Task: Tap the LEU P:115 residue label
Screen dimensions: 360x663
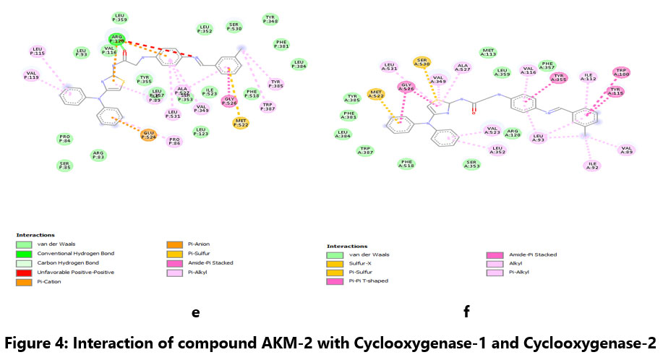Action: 38,51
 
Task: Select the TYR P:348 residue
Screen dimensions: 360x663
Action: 270,19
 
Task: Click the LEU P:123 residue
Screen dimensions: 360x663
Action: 200,132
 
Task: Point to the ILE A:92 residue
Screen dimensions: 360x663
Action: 592,166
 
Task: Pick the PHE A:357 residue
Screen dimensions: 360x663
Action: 548,67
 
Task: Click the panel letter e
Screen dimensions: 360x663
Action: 194,312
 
